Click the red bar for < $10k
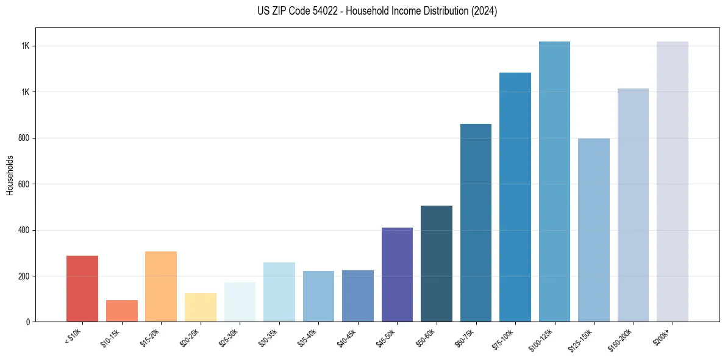82,289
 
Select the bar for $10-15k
121,311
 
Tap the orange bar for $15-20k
161,286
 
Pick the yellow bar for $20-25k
201,307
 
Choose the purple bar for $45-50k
397,275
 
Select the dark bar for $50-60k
437,264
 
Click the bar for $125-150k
594,230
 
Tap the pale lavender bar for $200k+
673,181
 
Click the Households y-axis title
10,175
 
